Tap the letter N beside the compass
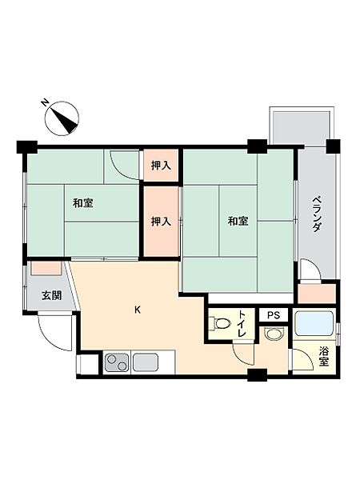coord(46,102)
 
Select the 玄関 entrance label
coord(52,294)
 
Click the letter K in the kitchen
coord(138,310)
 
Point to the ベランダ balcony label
coord(317,214)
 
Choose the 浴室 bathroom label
coord(323,357)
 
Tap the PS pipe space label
coord(274,315)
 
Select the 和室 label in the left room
coord(82,203)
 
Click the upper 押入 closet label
coord(161,166)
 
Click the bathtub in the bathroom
coord(315,324)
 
